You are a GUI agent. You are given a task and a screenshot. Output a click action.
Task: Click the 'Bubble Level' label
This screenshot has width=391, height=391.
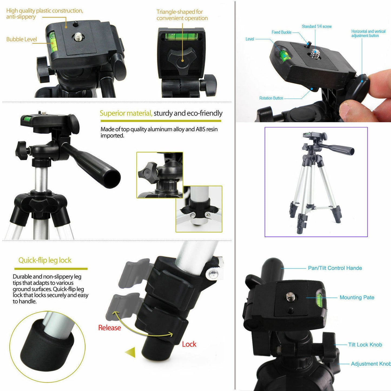(21, 39)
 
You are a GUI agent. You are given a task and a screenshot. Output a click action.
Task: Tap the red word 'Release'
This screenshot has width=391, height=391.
(109, 328)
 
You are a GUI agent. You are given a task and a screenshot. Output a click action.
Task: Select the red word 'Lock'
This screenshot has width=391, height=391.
(189, 344)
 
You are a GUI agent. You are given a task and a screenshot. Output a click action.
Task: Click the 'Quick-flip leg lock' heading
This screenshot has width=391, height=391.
(45, 260)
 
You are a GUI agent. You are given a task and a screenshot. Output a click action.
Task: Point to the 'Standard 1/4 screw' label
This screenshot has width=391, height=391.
(317, 27)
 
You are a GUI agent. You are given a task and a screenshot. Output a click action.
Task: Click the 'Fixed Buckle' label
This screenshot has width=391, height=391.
(281, 32)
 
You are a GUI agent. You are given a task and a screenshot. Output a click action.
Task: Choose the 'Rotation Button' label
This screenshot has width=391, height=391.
(271, 98)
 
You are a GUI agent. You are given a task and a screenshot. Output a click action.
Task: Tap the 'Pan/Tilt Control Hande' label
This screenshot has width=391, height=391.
(335, 268)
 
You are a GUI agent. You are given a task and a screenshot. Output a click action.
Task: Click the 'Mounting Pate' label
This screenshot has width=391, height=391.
(357, 297)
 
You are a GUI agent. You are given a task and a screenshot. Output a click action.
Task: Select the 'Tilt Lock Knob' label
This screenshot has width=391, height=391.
(365, 345)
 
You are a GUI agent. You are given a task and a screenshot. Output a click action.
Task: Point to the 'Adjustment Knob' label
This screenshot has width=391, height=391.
(370, 364)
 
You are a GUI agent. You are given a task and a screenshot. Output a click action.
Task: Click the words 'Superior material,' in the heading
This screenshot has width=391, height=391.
(126, 113)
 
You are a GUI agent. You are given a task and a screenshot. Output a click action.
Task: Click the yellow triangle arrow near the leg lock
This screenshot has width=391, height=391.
(131, 352)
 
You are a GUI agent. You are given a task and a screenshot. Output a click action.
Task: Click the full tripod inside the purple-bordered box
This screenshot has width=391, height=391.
(316, 181)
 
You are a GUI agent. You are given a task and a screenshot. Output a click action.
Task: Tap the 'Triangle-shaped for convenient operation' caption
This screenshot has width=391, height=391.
(182, 15)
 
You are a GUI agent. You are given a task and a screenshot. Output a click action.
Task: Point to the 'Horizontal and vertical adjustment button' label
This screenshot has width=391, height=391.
(368, 34)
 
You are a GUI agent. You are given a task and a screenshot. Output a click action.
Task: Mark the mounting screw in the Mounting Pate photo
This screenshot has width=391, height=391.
(291, 297)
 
